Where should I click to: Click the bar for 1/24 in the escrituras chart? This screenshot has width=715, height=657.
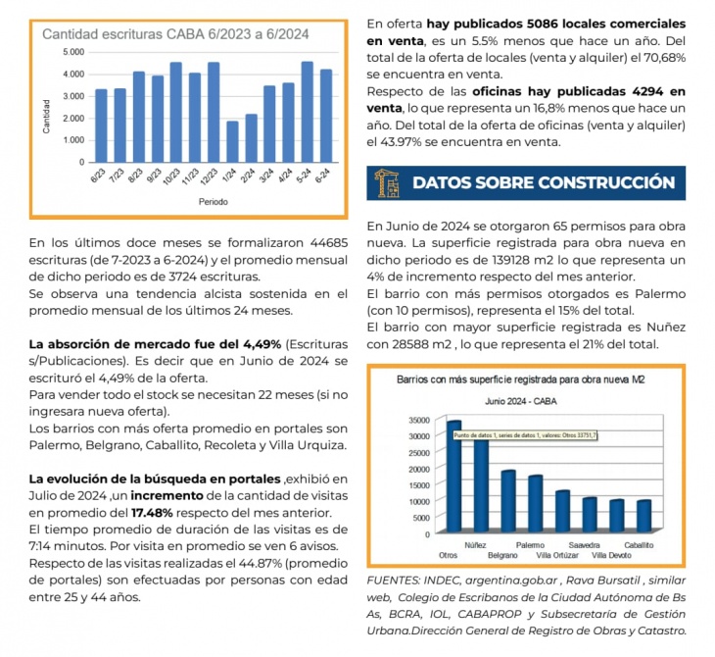[x=232, y=141]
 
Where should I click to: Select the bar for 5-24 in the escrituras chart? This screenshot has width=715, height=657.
[x=308, y=112]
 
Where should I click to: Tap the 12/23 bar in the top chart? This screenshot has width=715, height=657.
[x=214, y=113]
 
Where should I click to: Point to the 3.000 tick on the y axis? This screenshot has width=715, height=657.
[x=73, y=96]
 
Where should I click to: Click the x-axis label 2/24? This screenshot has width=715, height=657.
[x=248, y=176]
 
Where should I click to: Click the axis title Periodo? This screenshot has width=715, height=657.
[x=213, y=202]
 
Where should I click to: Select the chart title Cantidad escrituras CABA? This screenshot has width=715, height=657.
[x=175, y=34]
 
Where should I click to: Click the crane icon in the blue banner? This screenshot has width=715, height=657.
[x=387, y=183]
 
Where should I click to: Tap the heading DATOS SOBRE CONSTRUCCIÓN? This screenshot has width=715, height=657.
[x=544, y=182]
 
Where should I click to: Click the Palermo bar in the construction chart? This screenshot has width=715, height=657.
[x=536, y=504]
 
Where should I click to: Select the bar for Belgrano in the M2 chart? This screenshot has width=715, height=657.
[x=508, y=501]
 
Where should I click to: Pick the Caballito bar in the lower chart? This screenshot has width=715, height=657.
[x=643, y=517]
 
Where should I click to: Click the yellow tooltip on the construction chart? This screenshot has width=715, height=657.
[x=525, y=435]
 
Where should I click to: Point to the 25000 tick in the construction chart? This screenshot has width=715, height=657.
[x=419, y=452]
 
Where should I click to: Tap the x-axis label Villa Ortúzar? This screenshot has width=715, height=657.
[x=557, y=556]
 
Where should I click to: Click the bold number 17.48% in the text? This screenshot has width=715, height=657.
[x=152, y=513]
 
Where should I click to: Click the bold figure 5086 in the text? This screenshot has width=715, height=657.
[x=543, y=24]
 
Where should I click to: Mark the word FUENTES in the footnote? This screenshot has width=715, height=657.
[x=393, y=581]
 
